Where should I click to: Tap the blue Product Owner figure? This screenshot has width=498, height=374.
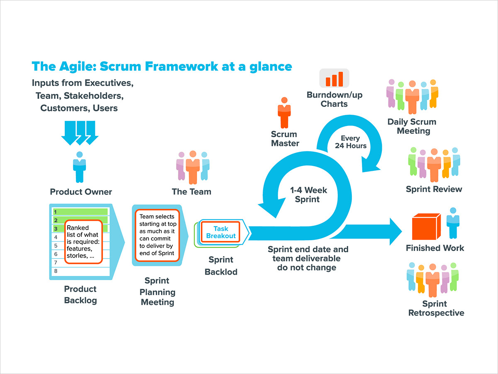tap(79, 167)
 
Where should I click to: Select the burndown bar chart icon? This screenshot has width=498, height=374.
tap(334, 78)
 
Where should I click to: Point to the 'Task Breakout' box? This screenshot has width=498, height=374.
tap(221, 232)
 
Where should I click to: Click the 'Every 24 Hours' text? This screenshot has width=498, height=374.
tap(351, 142)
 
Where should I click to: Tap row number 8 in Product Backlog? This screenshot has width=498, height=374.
tap(56, 271)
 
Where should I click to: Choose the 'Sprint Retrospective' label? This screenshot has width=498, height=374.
tap(436, 308)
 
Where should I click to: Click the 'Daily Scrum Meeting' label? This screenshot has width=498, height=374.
tap(411, 126)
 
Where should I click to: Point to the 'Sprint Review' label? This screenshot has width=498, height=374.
tap(434, 189)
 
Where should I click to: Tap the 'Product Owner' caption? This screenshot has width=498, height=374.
tap(81, 192)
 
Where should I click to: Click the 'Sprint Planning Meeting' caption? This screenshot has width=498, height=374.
tap(157, 291)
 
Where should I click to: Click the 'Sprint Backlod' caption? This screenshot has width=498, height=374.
tap(221, 266)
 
